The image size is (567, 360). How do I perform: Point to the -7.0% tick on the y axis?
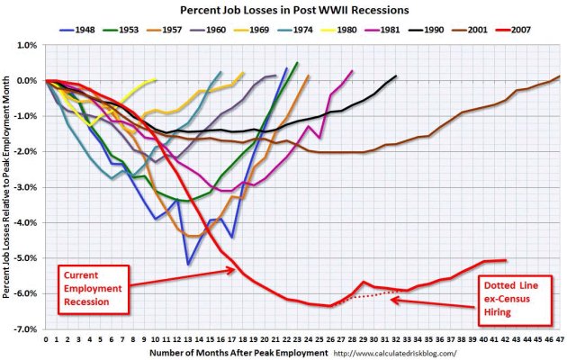point(25,329)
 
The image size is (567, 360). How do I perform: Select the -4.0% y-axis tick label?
point(25,222)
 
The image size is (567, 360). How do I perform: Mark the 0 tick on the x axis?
point(45,340)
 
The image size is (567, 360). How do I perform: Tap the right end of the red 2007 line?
point(507,260)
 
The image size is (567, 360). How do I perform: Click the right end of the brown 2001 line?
point(558,76)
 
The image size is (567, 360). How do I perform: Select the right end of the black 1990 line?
point(394,76)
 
